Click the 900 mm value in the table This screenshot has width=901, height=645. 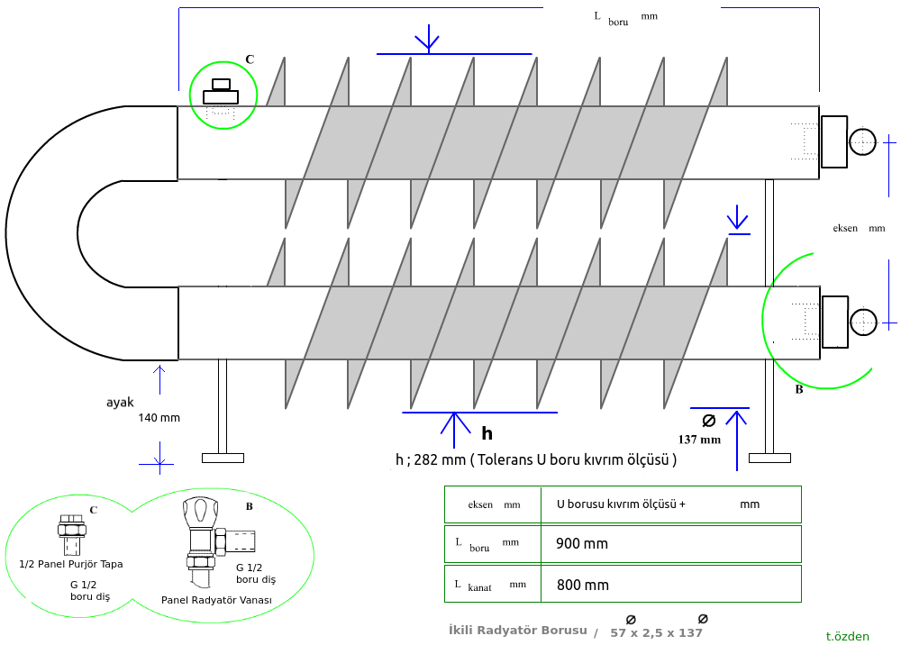582,544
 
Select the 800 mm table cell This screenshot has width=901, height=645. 582,585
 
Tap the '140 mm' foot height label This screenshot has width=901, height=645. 159,418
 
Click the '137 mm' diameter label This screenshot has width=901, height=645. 699,440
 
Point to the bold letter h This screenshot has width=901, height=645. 487,432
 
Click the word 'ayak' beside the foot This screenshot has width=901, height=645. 121,402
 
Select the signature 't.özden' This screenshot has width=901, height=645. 848,636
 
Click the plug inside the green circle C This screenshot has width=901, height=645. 221,93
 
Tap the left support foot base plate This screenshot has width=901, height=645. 223,458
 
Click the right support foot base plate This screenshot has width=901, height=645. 769,458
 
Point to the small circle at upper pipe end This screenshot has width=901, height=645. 862,141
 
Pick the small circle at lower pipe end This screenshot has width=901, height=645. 862,322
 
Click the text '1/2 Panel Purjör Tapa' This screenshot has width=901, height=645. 71,564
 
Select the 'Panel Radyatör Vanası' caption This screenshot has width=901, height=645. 216,600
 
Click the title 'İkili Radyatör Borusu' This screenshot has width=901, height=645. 518,630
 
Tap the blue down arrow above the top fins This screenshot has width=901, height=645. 427,40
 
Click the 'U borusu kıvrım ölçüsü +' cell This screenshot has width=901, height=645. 621,504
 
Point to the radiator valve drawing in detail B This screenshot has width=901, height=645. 203,535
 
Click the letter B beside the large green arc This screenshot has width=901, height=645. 798,390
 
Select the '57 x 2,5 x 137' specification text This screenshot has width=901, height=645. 656,632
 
